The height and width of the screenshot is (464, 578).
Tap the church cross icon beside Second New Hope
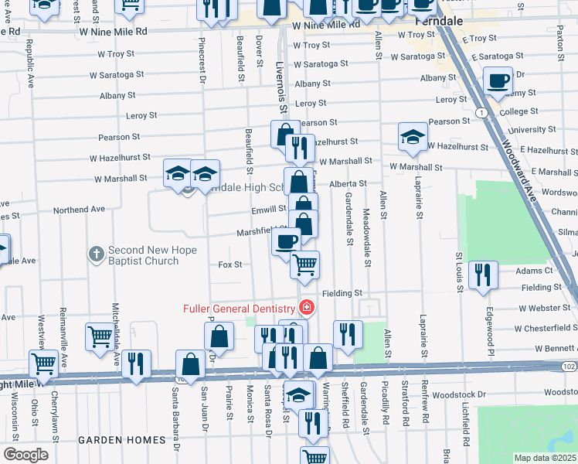[96, 253]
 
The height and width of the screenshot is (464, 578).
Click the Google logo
[25, 454]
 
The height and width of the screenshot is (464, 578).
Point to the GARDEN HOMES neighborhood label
[121, 440]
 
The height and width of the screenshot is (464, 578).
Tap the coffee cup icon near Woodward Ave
[498, 80]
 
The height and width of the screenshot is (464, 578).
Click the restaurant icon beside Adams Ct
[483, 275]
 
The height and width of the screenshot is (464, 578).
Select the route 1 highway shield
[482, 113]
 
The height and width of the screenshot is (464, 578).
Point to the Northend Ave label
[79, 210]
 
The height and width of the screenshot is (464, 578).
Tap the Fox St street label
[230, 264]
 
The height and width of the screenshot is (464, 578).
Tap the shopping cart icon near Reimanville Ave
[100, 337]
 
